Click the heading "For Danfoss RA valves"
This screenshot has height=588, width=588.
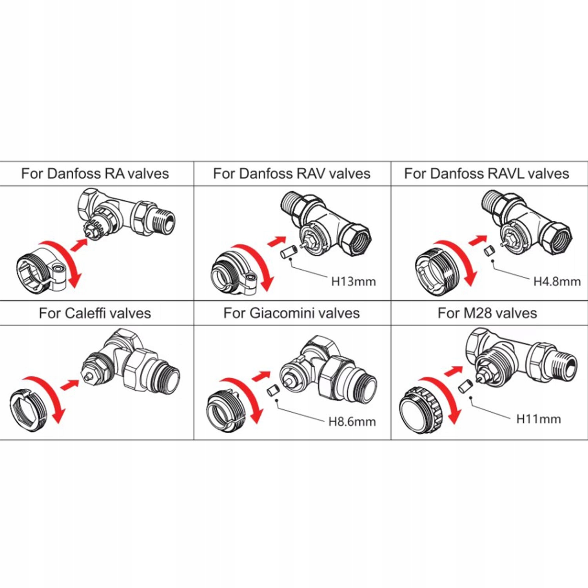(x=95, y=173)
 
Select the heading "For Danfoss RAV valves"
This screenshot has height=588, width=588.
(x=292, y=173)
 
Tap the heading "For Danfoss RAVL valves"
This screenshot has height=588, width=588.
(x=486, y=173)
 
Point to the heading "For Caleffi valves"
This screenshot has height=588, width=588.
(x=95, y=313)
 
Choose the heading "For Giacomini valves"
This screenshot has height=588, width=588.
(x=292, y=313)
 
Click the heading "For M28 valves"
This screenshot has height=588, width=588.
(x=487, y=313)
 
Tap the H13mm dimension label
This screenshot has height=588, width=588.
(x=354, y=281)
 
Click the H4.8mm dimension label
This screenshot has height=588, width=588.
(x=557, y=281)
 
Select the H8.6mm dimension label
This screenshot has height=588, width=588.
(x=352, y=422)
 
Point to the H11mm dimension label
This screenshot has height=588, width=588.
(x=539, y=419)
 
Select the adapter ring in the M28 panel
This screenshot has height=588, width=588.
(x=422, y=409)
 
